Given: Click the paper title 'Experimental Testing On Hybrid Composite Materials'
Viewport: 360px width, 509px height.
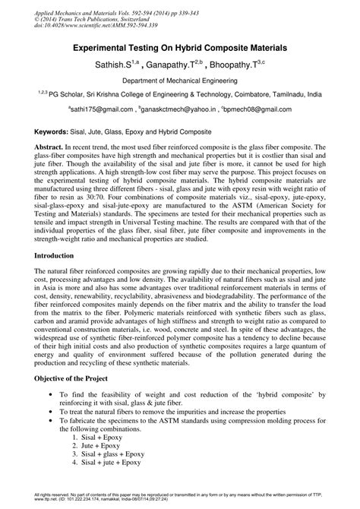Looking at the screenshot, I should click(x=179, y=47).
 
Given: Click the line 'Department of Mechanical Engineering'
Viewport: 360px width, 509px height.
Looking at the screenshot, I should click(x=179, y=80).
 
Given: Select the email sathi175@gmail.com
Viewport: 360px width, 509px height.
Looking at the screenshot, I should click(x=101, y=109).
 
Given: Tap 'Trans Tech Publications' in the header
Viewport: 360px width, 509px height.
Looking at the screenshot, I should click(x=84, y=18).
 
